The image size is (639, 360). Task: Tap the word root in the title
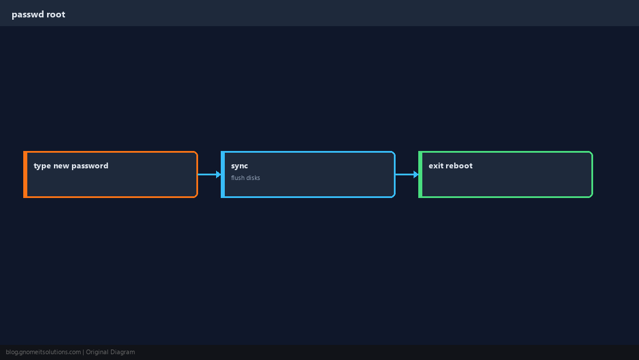[x=56, y=15]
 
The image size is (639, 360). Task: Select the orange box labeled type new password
[x=110, y=174]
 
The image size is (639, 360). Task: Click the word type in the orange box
[x=42, y=166]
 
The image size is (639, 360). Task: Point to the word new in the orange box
[x=61, y=166]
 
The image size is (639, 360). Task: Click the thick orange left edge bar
[x=25, y=174]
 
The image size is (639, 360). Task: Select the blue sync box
[x=308, y=174]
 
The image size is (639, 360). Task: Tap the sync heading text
[x=239, y=166]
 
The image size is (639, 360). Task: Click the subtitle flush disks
[x=245, y=178]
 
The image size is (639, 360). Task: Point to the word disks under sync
[x=253, y=178]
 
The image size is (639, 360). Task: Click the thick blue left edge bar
[x=223, y=174]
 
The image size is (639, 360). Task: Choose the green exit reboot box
[x=506, y=174]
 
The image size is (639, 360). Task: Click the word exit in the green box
[x=436, y=165]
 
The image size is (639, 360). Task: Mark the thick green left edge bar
[x=421, y=174]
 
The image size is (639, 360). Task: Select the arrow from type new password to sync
[x=210, y=174]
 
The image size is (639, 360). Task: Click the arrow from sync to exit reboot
[x=407, y=174]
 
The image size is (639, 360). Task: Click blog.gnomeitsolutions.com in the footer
[x=43, y=352]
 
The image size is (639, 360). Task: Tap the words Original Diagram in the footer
[x=110, y=352]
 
